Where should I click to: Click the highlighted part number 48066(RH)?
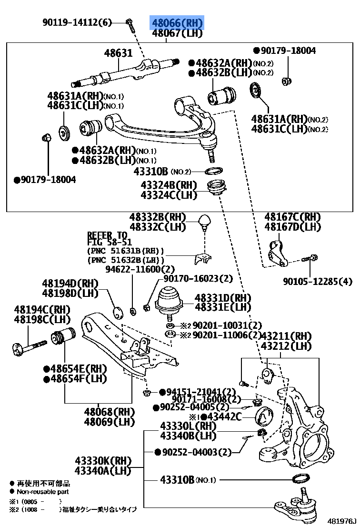[177, 22]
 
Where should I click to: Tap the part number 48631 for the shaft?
[118, 53]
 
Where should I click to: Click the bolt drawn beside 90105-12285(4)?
[310, 259]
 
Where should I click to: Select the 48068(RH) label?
[110, 412]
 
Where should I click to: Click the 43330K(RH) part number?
[102, 461]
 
